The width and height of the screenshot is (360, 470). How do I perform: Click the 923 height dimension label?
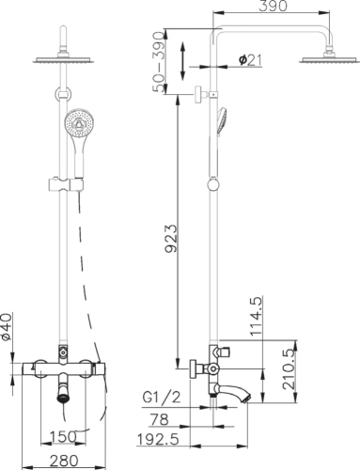click(171, 239)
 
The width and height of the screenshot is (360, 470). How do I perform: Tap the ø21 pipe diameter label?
click(250, 60)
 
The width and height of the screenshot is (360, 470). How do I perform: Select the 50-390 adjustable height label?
click(159, 62)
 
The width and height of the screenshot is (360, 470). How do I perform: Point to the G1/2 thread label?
click(162, 398)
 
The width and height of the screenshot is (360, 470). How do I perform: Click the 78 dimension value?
click(159, 419)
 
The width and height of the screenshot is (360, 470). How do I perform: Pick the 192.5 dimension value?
click(158, 440)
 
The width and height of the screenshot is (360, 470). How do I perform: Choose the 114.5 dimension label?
click(256, 317)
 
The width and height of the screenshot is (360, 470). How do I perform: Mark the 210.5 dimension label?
click(289, 369)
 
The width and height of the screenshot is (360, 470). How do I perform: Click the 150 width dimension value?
click(63, 436)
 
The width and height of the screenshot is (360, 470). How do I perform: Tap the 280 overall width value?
click(64, 461)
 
